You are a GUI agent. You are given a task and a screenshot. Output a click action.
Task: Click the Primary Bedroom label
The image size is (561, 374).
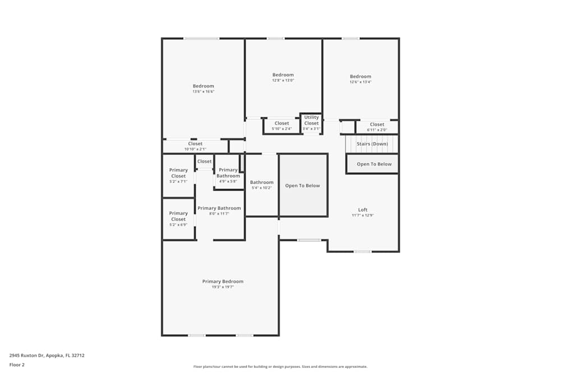223,281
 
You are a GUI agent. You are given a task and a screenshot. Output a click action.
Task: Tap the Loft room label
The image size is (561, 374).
363,210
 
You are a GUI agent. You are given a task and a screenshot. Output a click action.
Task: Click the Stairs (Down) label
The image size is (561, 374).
373,144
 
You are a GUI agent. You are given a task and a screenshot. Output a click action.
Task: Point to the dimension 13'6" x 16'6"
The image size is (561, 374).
204,91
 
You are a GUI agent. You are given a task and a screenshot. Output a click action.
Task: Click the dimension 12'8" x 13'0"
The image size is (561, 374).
283,80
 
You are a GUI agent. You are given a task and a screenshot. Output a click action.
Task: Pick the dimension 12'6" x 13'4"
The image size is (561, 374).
361,82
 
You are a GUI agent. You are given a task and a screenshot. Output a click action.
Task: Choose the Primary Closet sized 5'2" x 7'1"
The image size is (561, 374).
178,176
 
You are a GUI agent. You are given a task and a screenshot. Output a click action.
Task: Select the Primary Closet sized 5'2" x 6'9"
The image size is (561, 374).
178,219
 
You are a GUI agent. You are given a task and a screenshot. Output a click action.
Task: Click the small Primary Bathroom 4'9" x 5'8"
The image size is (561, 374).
228,176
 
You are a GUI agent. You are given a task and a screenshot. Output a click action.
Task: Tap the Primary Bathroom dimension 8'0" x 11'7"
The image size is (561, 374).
219,214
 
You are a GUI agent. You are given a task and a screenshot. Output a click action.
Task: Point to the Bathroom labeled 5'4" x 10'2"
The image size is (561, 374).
261,185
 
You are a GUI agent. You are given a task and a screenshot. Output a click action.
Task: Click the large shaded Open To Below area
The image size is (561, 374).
303,186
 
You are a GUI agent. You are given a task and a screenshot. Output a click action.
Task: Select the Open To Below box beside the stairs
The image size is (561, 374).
374,164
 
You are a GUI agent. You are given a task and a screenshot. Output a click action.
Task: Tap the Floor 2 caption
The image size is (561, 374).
17,364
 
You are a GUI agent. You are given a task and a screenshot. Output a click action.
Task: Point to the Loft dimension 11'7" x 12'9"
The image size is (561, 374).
363,215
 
